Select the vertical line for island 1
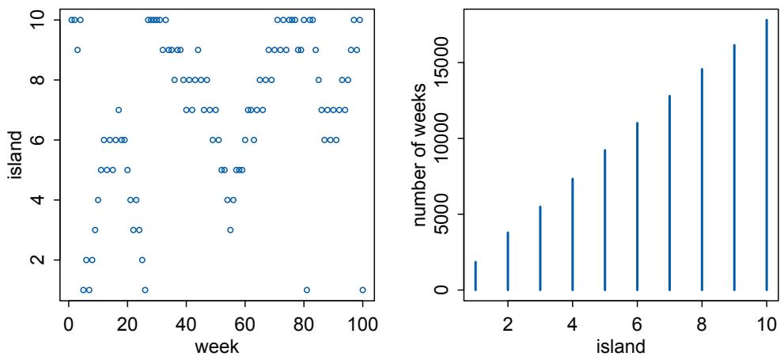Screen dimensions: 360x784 475,275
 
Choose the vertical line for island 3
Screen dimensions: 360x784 540,248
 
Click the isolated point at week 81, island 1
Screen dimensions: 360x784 307,290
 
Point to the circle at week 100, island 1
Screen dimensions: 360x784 362,290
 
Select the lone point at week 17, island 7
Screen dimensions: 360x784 119,110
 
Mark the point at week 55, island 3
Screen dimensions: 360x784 230,229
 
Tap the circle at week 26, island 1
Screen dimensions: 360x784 145,290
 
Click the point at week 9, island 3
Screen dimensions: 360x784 95,229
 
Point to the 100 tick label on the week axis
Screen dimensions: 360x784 362,324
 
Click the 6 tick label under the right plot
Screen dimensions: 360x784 637,324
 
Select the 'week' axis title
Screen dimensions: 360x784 216,346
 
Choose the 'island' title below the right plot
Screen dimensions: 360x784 621,346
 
